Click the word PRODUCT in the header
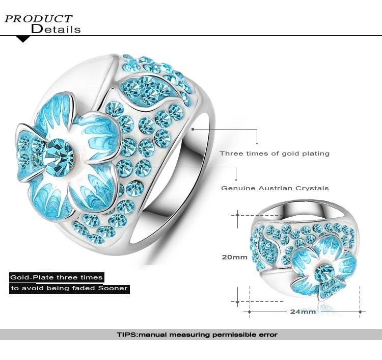click(x=39, y=19)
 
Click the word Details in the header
click(x=56, y=29)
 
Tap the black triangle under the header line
click(x=23, y=39)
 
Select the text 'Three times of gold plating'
click(x=275, y=153)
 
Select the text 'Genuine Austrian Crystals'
click(x=275, y=188)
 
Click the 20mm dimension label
click(x=234, y=257)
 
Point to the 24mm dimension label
click(x=303, y=311)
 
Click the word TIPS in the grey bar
click(x=126, y=335)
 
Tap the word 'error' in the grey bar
click(x=267, y=335)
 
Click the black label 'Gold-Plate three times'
click(x=57, y=277)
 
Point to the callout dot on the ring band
click(x=194, y=130)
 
